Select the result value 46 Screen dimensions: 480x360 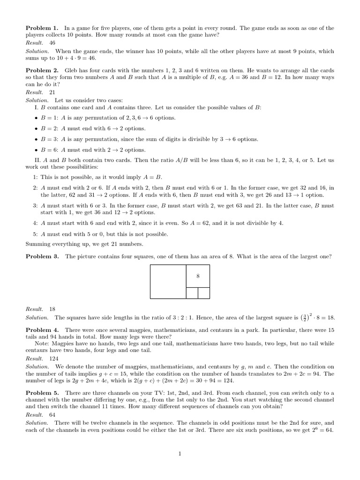pyautogui.click(x=52, y=43)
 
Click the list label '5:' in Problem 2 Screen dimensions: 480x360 pyautogui.click(x=35, y=234)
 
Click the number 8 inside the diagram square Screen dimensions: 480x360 pyautogui.click(x=198, y=276)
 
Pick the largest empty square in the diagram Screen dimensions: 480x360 pyautogui.click(x=168, y=281)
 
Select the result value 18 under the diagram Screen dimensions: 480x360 pyautogui.click(x=52, y=309)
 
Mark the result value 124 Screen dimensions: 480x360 pyautogui.click(x=53, y=358)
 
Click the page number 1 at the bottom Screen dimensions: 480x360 pyautogui.click(x=180, y=454)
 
